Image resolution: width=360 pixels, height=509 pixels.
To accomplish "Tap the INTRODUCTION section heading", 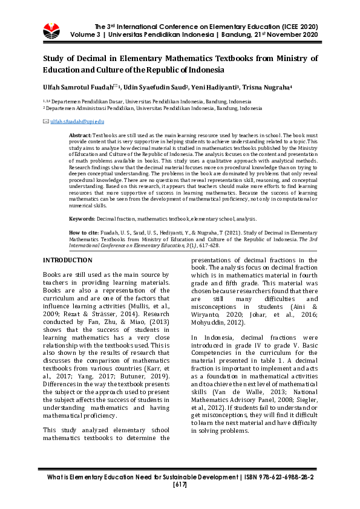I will tap(67, 261).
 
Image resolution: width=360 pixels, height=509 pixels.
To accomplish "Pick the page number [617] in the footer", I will tap(180, 485).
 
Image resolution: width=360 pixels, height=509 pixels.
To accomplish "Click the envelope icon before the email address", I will tap(45, 122).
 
